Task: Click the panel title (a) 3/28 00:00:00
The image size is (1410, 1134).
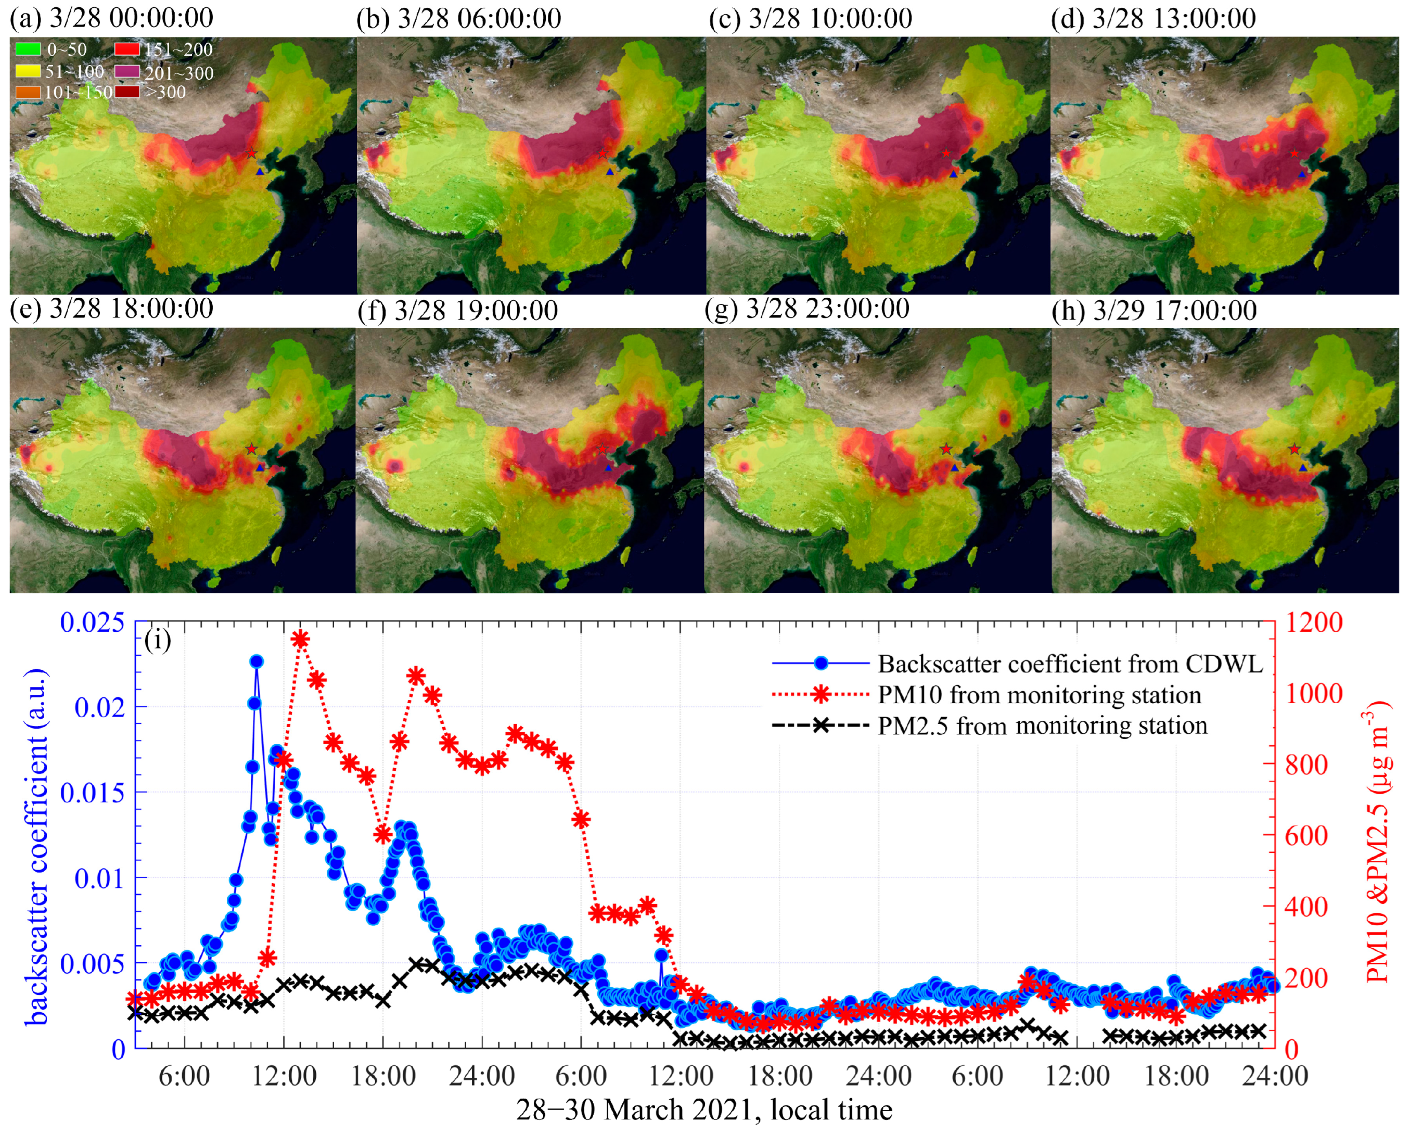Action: click(111, 18)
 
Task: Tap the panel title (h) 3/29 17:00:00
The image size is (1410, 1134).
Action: click(1155, 310)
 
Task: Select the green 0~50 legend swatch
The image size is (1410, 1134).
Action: click(28, 49)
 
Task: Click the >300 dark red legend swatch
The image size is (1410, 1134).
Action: click(127, 92)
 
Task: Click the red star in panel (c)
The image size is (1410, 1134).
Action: click(946, 153)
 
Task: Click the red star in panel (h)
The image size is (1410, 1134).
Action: click(1294, 449)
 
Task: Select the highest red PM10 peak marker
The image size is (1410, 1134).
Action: click(300, 639)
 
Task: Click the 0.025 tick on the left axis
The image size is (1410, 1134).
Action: click(92, 622)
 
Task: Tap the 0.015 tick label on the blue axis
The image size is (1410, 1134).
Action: click(92, 793)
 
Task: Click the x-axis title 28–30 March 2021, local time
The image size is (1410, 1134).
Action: click(704, 1110)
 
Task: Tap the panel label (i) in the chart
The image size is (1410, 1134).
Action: click(158, 640)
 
